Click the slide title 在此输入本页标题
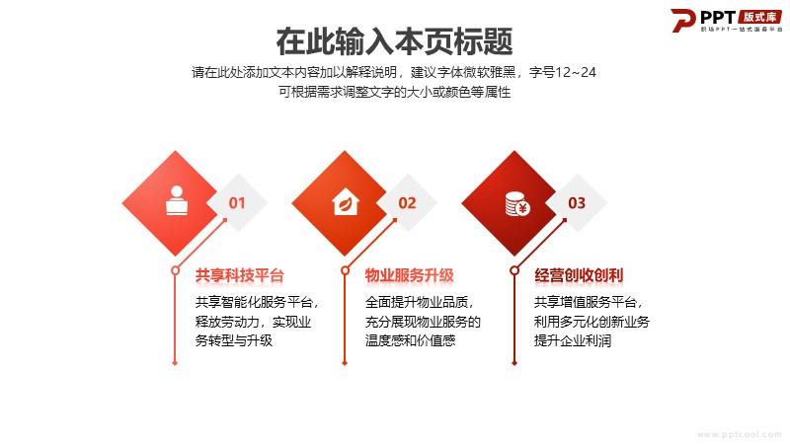pyautogui.click(x=394, y=41)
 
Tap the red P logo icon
pyautogui.click(x=682, y=20)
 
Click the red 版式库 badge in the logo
pyautogui.click(x=759, y=16)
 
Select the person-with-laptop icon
pyautogui.click(x=177, y=201)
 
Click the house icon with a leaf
pyautogui.click(x=346, y=202)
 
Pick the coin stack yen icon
pyautogui.click(x=516, y=204)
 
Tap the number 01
pyautogui.click(x=237, y=203)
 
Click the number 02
pyautogui.click(x=407, y=203)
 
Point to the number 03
pyautogui.click(x=577, y=203)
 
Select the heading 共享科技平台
pyautogui.click(x=240, y=275)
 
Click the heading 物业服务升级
pyautogui.click(x=410, y=275)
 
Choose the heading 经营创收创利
pyautogui.click(x=579, y=275)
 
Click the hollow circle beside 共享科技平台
pyautogui.click(x=175, y=270)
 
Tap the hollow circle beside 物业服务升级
pyautogui.click(x=345, y=270)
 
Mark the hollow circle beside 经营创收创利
pyautogui.click(x=514, y=270)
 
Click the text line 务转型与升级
pyautogui.click(x=234, y=340)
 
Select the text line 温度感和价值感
pyautogui.click(x=410, y=340)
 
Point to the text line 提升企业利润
pyautogui.click(x=573, y=340)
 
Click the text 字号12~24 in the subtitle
pyautogui.click(x=563, y=72)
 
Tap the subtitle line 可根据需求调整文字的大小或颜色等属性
pyautogui.click(x=394, y=92)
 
